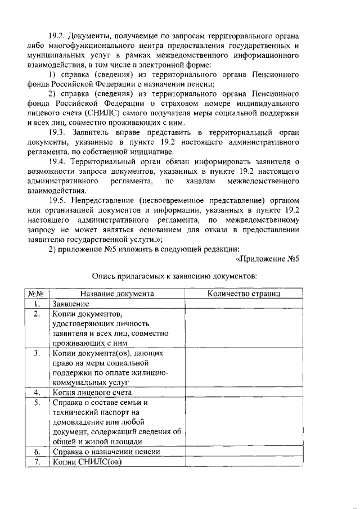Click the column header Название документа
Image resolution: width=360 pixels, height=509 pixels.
tap(117, 293)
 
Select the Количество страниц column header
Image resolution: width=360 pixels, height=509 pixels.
tap(244, 293)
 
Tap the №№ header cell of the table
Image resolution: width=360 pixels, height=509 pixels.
tap(37, 293)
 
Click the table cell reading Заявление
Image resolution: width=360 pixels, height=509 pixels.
tap(71, 304)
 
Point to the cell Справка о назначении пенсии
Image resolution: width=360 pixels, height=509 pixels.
tap(106, 451)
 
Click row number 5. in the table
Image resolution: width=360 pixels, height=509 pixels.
tap(37, 403)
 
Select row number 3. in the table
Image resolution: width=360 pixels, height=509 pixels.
tap(37, 353)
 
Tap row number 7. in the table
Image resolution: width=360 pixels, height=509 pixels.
tap(37, 462)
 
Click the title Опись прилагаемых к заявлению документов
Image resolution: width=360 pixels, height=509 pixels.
tap(174, 276)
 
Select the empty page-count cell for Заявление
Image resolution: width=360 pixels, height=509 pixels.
tap(244, 304)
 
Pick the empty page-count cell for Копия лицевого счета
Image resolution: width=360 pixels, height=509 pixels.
tap(244, 392)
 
